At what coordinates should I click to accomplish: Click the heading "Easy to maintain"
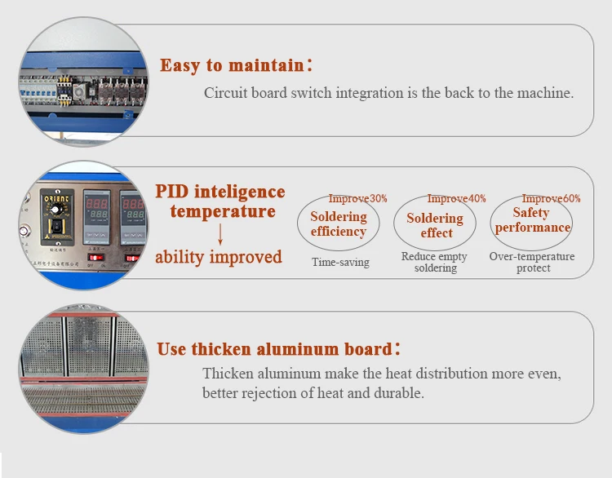pos(233,65)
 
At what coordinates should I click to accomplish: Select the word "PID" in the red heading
pos(172,192)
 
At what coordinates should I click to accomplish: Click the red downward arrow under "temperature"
pos(220,234)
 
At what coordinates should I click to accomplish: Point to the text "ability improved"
pos(219,257)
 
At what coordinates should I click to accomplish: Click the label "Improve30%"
pos(357,198)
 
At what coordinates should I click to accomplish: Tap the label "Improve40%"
pos(456,198)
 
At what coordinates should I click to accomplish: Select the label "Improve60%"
pos(551,198)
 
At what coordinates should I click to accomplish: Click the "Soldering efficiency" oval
pos(297,223)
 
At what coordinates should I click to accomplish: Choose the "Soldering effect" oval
pos(394,223)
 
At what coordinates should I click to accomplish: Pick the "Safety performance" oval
pos(490,223)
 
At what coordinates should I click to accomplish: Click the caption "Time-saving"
pos(340,262)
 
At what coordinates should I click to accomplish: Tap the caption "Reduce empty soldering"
pos(434,262)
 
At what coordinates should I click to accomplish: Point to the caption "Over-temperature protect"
pos(532,262)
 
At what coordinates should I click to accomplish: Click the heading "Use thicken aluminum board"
pos(274,349)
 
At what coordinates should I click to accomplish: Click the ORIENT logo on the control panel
pos(56,198)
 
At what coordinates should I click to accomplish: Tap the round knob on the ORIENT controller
pos(55,210)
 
